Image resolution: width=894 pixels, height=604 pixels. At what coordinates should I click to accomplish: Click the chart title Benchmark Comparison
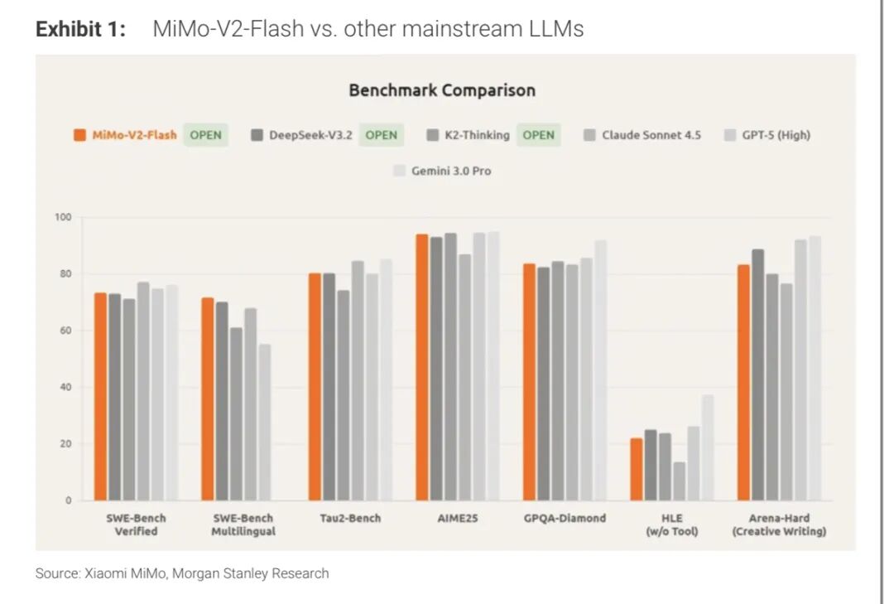441,90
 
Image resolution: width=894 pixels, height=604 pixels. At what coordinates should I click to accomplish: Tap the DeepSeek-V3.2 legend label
311,135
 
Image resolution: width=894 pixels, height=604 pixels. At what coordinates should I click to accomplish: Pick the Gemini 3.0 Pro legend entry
451,171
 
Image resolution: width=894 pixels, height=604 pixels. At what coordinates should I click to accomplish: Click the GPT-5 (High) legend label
776,135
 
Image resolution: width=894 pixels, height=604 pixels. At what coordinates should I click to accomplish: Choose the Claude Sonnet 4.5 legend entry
651,135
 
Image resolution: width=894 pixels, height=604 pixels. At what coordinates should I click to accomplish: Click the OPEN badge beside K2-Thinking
538,135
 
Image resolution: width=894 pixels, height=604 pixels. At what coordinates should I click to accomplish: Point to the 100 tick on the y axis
64,217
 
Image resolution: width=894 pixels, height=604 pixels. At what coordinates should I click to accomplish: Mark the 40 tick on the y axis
65,387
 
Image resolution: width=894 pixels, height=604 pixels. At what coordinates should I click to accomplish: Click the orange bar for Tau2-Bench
315,387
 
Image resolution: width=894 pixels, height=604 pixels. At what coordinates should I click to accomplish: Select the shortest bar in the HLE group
679,481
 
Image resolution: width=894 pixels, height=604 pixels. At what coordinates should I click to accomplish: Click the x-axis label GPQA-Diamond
565,518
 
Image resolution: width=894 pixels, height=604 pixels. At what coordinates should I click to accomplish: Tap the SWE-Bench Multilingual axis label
243,524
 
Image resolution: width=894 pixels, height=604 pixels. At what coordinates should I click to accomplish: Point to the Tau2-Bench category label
350,518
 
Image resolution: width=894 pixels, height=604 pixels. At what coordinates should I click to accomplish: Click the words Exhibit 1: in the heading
80,29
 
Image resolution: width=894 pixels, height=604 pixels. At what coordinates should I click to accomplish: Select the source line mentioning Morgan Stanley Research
182,573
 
